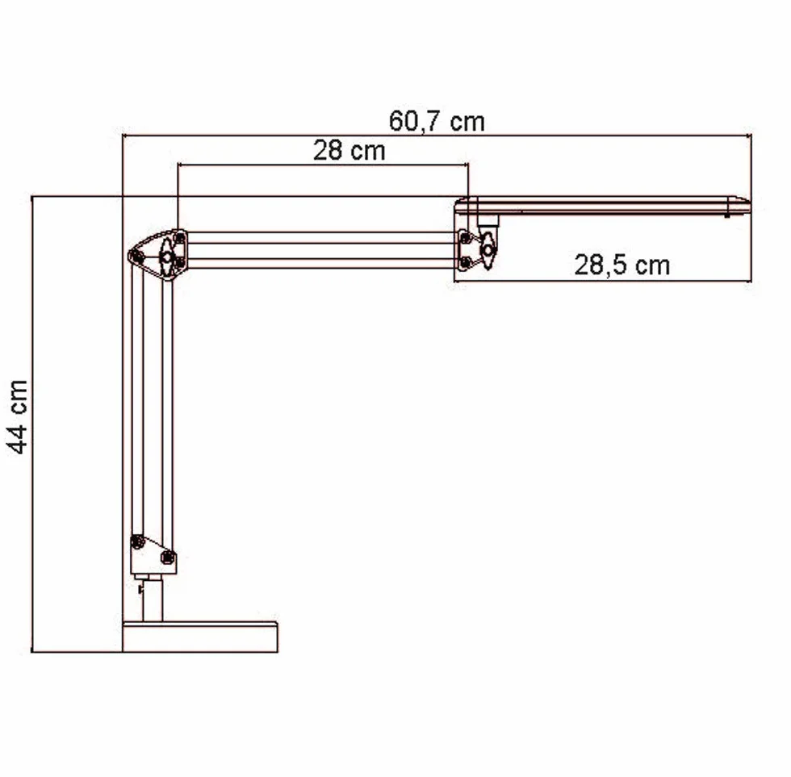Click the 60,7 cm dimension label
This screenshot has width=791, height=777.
[x=437, y=122]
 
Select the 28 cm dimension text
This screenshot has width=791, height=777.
[x=349, y=150]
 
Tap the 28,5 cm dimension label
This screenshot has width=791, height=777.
[x=622, y=265]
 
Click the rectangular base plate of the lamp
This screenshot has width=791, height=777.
[x=200, y=637]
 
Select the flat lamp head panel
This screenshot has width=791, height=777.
[x=602, y=206]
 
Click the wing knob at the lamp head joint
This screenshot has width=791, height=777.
[x=488, y=250]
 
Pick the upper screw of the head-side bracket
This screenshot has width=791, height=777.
[x=466, y=237]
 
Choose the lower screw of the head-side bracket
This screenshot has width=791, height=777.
[x=466, y=262]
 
